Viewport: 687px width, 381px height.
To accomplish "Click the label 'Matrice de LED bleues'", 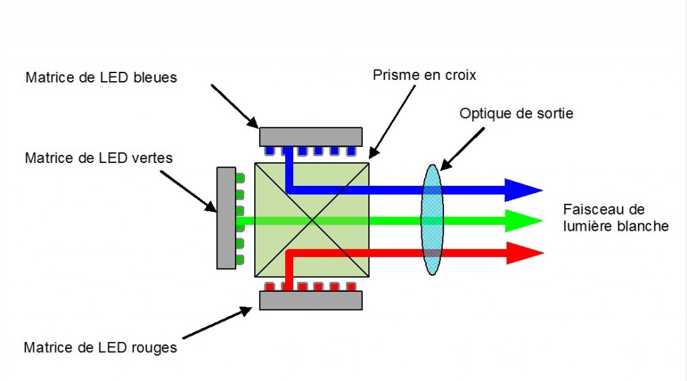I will pos(101,78).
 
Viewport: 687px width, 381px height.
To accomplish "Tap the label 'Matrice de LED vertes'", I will pos(99,159).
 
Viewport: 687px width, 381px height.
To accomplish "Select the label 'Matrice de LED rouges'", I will pos(100,348).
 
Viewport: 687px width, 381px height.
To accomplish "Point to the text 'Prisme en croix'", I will pos(424,75).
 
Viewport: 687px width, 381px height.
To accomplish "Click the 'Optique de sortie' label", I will pos(516,113).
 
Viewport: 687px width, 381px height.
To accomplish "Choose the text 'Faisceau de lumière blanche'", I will pos(615,218).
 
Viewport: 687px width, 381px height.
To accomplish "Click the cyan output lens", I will pos(432,219).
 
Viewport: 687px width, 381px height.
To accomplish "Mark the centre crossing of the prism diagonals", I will pos(313,219).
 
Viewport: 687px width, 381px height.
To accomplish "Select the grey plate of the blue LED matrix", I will pos(311,136).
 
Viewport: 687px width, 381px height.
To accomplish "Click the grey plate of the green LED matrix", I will pos(226,218).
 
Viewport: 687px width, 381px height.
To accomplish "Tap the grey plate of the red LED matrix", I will pos(311,300).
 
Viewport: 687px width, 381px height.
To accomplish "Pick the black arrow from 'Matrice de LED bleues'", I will pos(234,106).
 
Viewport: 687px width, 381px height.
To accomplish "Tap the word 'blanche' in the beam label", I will pos(645,227).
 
